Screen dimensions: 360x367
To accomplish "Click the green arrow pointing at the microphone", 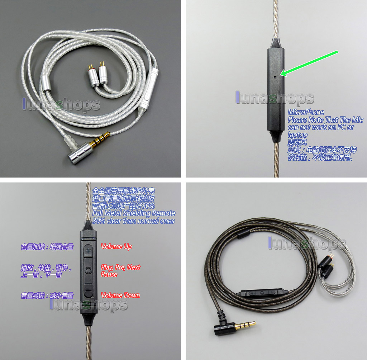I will point(310,63).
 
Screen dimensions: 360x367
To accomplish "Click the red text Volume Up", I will point(116,246).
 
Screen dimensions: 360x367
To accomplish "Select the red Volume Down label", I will point(120,295).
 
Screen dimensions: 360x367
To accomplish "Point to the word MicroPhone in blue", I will point(306,112).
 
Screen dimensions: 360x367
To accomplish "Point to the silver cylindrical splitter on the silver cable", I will point(46,81).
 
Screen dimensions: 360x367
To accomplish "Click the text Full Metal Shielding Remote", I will point(133,213).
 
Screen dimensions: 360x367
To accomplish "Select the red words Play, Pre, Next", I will point(120,267).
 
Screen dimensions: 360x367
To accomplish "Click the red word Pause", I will point(109,274).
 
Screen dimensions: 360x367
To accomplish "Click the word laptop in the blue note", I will point(297,135).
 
